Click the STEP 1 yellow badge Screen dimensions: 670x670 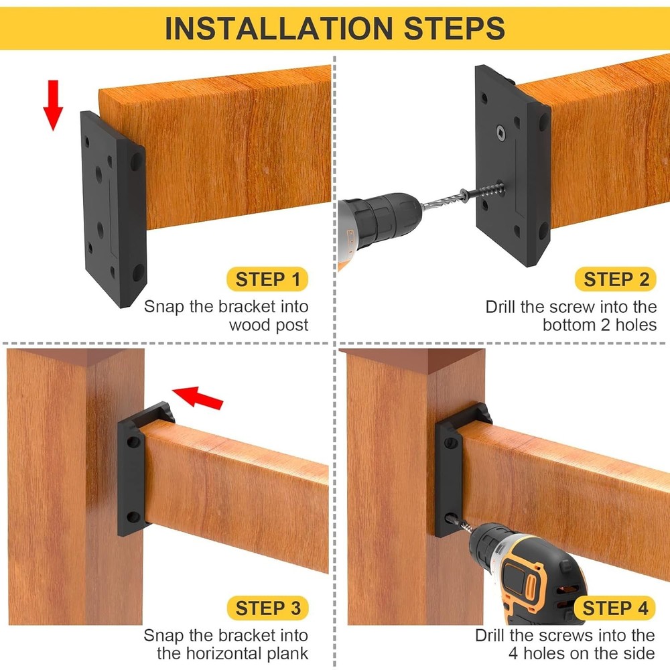click(x=267, y=279)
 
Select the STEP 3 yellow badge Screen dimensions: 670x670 click(x=267, y=608)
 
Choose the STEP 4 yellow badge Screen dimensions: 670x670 click(x=615, y=608)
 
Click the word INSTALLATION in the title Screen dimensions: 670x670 click(x=275, y=29)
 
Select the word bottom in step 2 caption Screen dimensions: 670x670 click(x=569, y=326)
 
